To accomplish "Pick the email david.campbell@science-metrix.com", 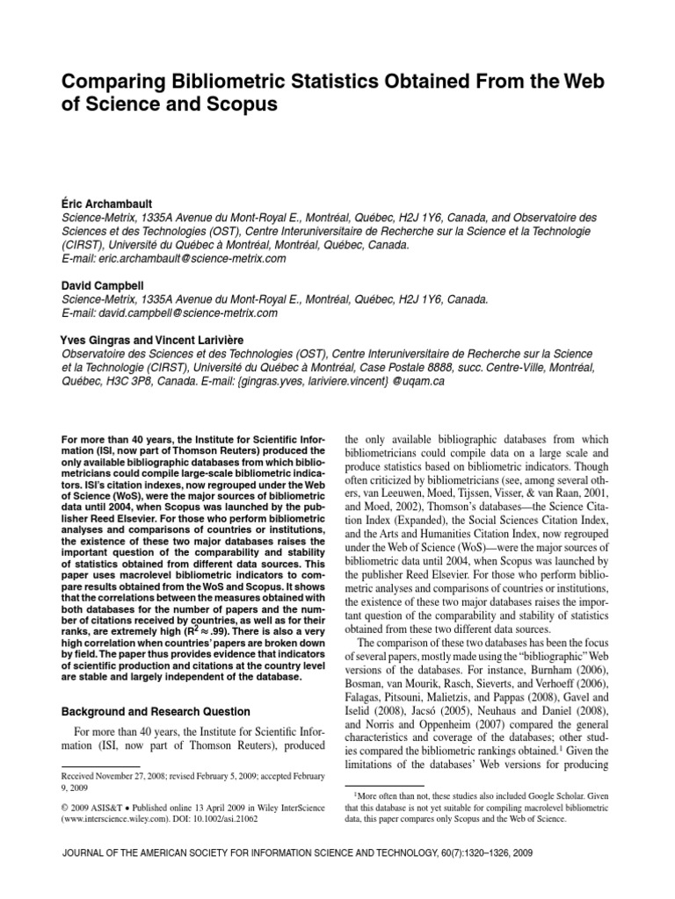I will tap(180, 313).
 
